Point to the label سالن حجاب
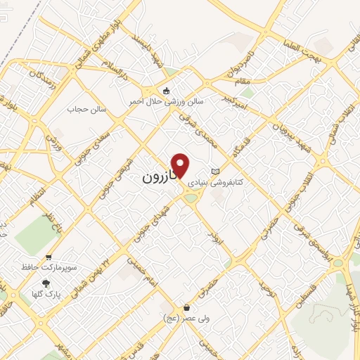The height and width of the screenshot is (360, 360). (x=85, y=109)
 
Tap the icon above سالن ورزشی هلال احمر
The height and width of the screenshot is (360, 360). (x=166, y=91)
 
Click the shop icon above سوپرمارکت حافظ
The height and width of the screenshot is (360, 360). (x=48, y=257)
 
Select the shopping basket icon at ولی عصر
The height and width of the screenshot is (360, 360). (x=186, y=307)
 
